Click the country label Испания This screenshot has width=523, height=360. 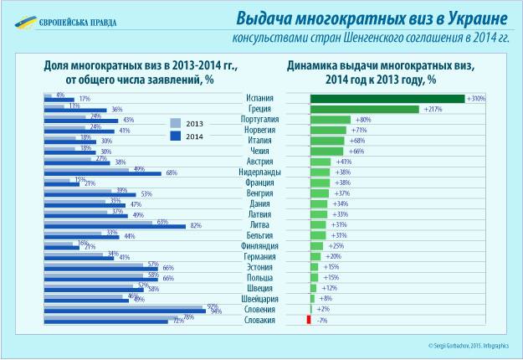tap(260, 98)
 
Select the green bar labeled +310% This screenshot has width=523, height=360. tap(387, 98)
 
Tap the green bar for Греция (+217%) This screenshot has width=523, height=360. tap(364, 109)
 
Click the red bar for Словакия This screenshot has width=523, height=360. tap(309, 320)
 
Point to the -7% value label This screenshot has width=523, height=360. tap(321, 320)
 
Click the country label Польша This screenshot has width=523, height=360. tap(260, 277)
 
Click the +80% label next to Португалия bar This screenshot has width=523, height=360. tap(365, 119)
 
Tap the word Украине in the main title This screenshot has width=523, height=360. tap(469, 18)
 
